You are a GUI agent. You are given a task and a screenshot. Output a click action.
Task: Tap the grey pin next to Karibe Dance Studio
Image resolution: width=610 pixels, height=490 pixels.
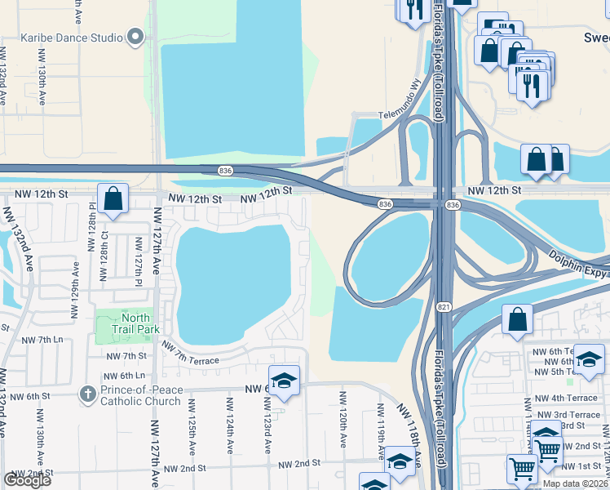(135, 38)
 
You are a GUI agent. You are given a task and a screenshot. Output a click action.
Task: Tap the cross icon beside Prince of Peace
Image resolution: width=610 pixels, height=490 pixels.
(88, 394)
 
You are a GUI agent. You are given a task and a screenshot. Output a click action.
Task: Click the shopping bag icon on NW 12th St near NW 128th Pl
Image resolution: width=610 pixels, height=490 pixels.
(113, 198)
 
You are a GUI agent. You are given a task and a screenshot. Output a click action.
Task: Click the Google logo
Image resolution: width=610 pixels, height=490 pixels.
(27, 480)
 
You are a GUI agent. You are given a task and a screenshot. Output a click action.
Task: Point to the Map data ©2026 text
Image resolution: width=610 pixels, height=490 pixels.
(575, 483)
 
